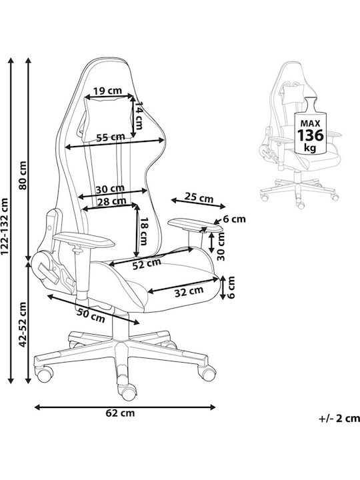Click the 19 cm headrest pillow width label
[x=107, y=91]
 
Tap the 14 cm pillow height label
[x=139, y=115]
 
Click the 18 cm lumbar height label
[x=143, y=231]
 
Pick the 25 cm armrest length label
[x=199, y=198]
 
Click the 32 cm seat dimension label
[x=189, y=291]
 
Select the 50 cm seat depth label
[x=91, y=315]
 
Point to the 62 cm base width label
[x=120, y=413]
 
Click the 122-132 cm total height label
[x=5, y=226]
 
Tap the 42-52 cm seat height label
[x=23, y=325]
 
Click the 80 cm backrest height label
[x=23, y=175]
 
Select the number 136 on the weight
[x=311, y=135]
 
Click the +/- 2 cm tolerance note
[x=339, y=418]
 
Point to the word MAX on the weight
[x=310, y=123]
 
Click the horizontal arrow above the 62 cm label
[x=125, y=407]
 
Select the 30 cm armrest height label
[x=221, y=246]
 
